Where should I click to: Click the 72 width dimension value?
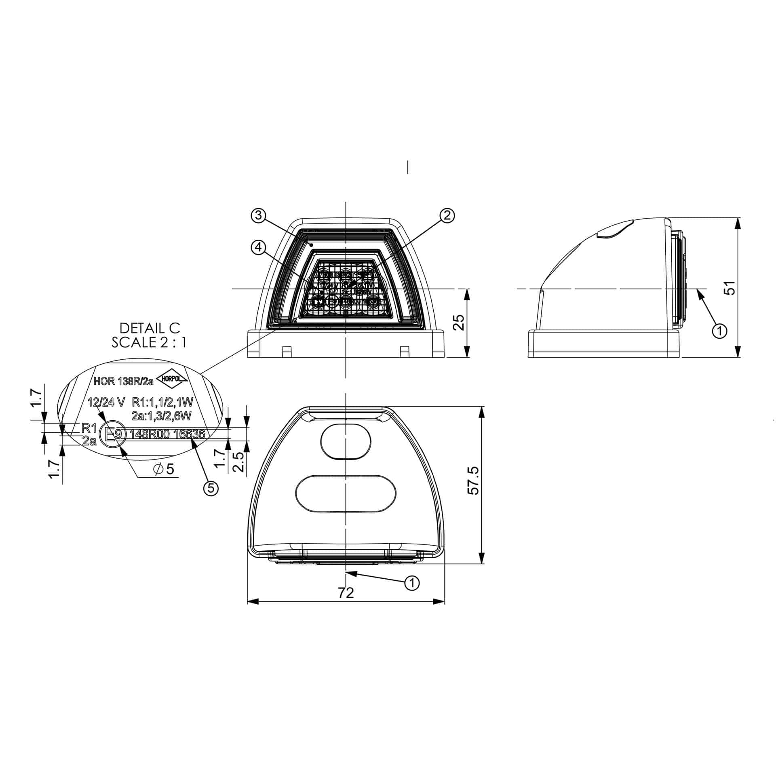[345, 593]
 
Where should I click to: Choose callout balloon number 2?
[447, 215]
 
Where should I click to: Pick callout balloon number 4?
[258, 246]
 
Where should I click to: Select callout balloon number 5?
[211, 488]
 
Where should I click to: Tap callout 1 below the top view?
[412, 583]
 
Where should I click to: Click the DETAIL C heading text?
[150, 327]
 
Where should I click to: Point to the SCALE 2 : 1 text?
[149, 342]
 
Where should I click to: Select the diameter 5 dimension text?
[164, 469]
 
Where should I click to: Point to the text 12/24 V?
[107, 402]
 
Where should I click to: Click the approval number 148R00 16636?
[167, 434]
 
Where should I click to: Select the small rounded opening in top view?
[346, 441]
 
